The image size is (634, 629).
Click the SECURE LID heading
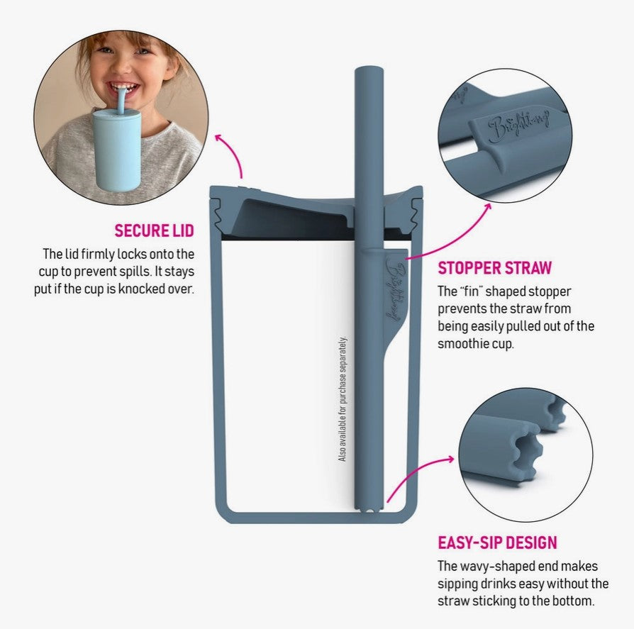point(154,230)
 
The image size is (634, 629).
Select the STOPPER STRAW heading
point(494,268)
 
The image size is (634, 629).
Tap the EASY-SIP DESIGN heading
point(497,542)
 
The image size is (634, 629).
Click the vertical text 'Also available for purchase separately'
point(343,399)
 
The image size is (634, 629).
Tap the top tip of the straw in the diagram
point(369,69)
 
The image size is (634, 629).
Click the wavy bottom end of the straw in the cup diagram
point(368,509)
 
